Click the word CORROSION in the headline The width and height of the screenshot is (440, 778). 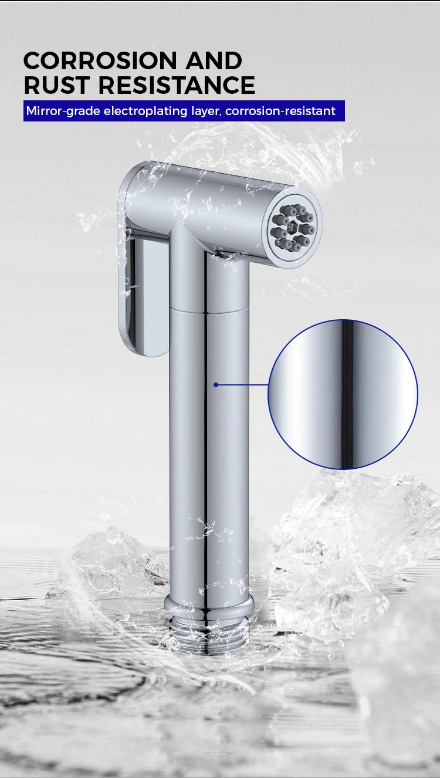click(x=100, y=60)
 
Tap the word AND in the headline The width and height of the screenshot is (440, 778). click(x=214, y=60)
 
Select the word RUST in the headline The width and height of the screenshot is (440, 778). click(x=56, y=85)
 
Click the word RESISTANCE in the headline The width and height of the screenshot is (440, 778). click(x=177, y=85)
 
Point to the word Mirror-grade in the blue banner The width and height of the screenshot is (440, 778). click(x=63, y=111)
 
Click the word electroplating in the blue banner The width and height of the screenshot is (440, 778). click(x=145, y=111)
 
